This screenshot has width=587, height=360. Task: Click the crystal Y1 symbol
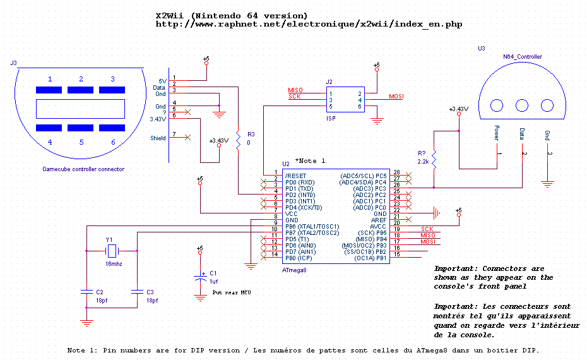(x=112, y=251)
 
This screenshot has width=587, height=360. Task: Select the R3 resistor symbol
(x=238, y=140)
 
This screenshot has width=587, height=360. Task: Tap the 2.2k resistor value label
(x=423, y=162)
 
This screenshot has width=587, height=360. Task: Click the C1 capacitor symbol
(x=200, y=278)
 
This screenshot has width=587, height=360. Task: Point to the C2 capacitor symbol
(x=86, y=291)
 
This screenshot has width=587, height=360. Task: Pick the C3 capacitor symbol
(x=137, y=291)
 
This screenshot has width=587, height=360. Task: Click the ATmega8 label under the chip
(x=294, y=270)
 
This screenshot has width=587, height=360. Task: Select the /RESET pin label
(x=296, y=176)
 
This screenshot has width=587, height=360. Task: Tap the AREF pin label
(x=379, y=220)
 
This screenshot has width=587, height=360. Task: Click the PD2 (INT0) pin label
(x=300, y=195)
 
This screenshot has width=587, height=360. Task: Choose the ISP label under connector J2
(x=331, y=118)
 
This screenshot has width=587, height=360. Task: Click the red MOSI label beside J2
(x=396, y=97)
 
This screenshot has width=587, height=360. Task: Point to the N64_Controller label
(x=523, y=57)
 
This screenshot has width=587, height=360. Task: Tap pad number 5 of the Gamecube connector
(x=81, y=128)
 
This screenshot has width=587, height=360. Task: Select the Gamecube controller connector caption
(x=83, y=169)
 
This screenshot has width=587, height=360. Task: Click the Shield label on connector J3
(x=158, y=138)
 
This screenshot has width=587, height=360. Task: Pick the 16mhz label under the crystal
(x=114, y=264)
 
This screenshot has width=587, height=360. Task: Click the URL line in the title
(x=309, y=25)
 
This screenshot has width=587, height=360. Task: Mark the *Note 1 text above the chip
(x=310, y=160)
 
